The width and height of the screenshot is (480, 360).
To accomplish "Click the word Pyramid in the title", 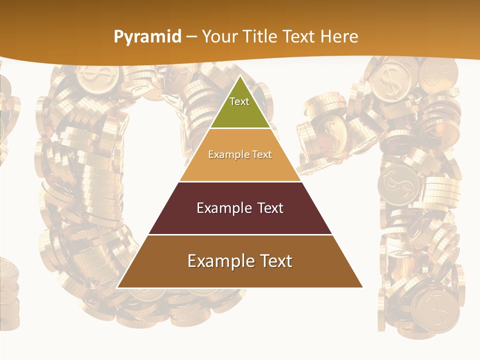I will click(147, 36).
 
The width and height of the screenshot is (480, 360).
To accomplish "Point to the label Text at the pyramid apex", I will click(239, 101).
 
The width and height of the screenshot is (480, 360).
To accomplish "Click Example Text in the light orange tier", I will click(240, 154).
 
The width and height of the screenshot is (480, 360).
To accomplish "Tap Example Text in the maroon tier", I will click(240, 208).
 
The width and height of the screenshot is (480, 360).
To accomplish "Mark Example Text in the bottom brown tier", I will click(240, 261).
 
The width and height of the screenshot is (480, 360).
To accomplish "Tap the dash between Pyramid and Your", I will click(191, 36).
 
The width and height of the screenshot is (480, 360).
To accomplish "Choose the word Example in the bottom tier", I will click(217, 261).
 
